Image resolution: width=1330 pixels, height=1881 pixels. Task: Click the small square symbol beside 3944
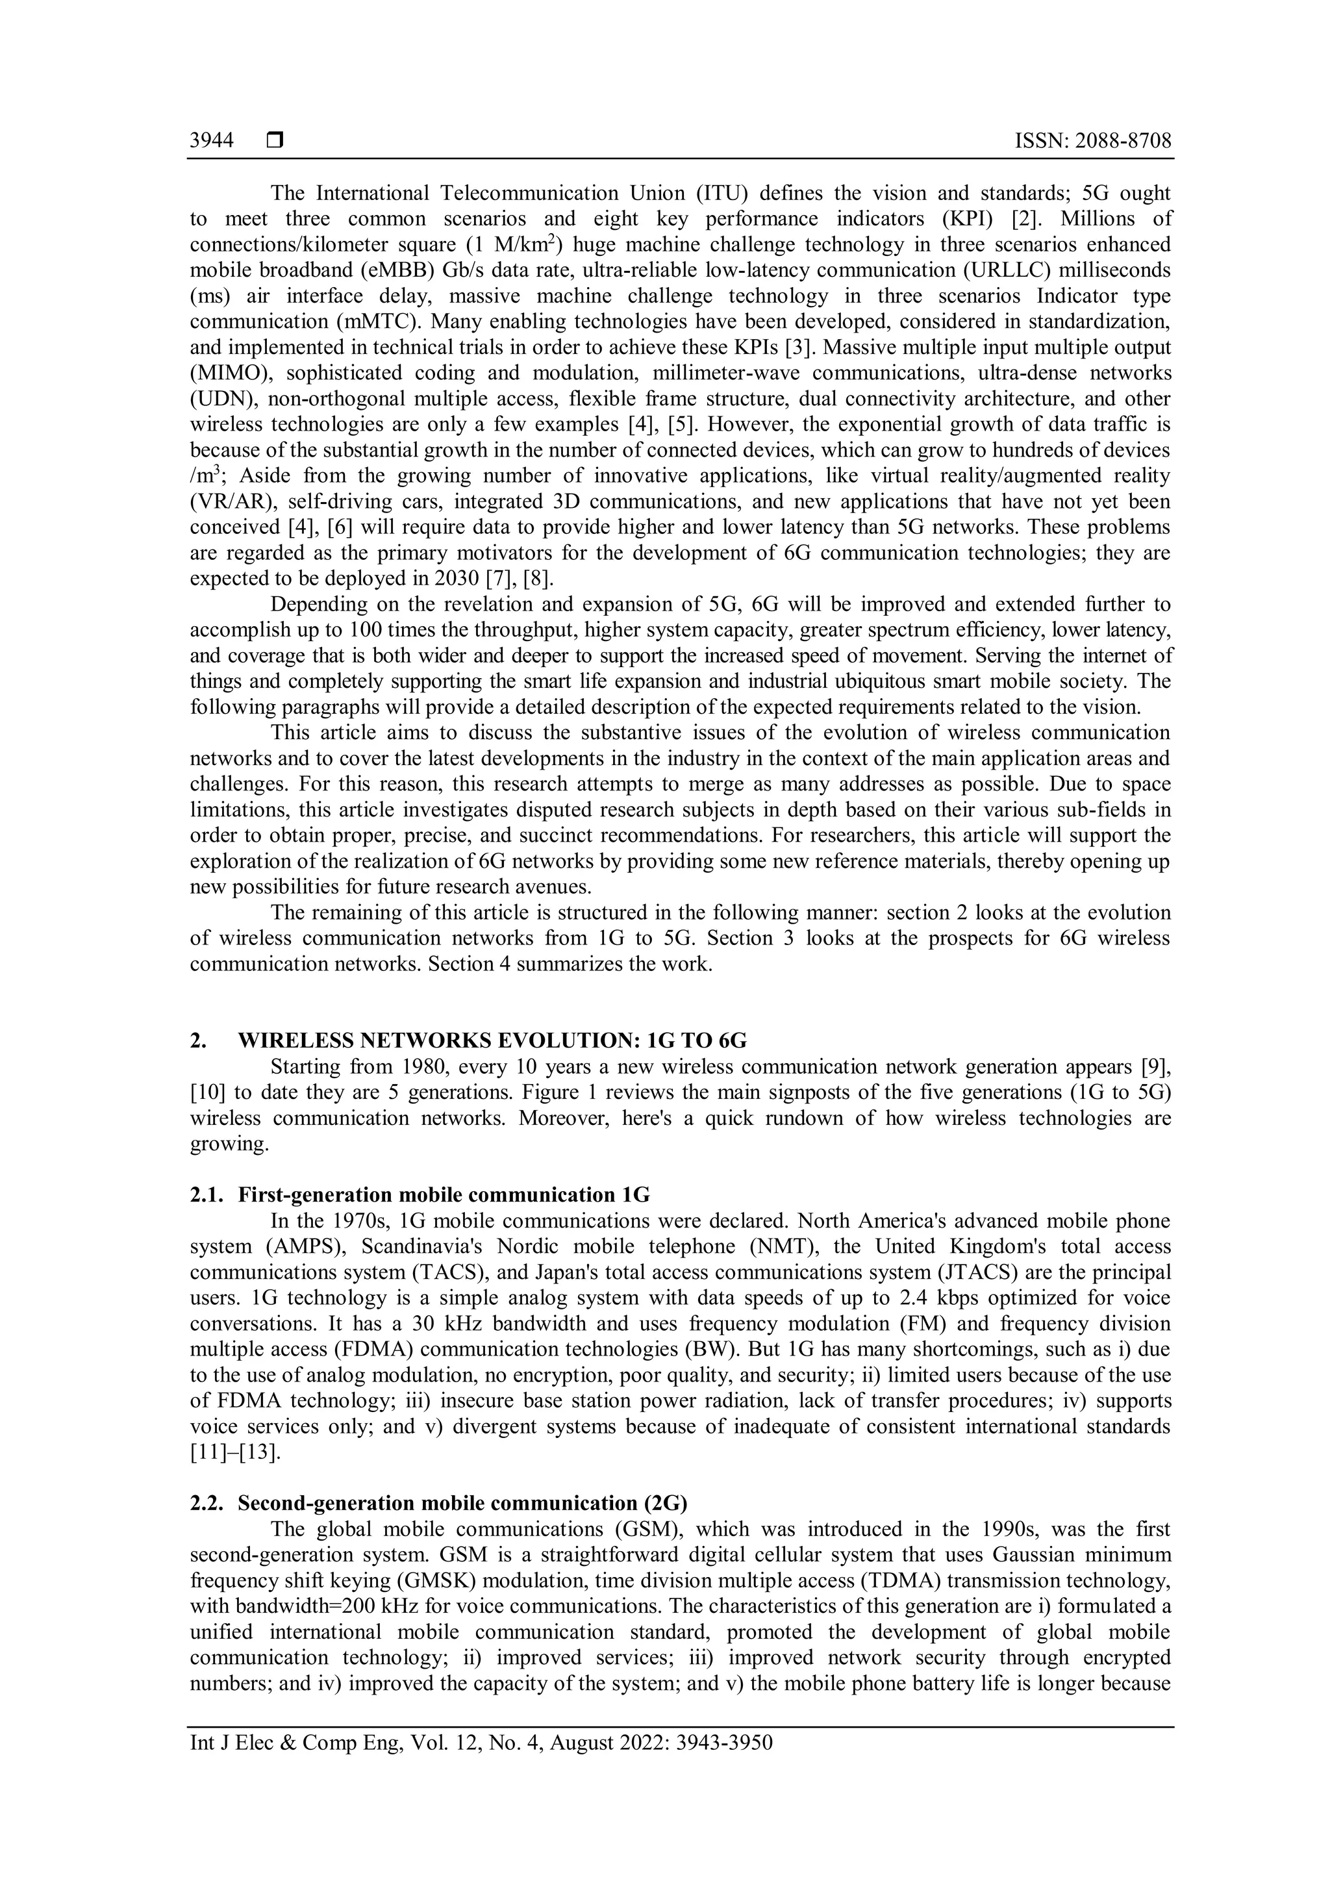point(274,141)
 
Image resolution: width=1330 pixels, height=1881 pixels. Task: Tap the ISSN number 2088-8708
point(1123,141)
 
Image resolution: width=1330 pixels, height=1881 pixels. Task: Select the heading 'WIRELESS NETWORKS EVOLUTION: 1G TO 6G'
point(492,1041)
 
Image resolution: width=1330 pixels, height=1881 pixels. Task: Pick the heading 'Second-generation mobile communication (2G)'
point(463,1504)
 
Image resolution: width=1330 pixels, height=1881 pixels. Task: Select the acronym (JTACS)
point(913,1272)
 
